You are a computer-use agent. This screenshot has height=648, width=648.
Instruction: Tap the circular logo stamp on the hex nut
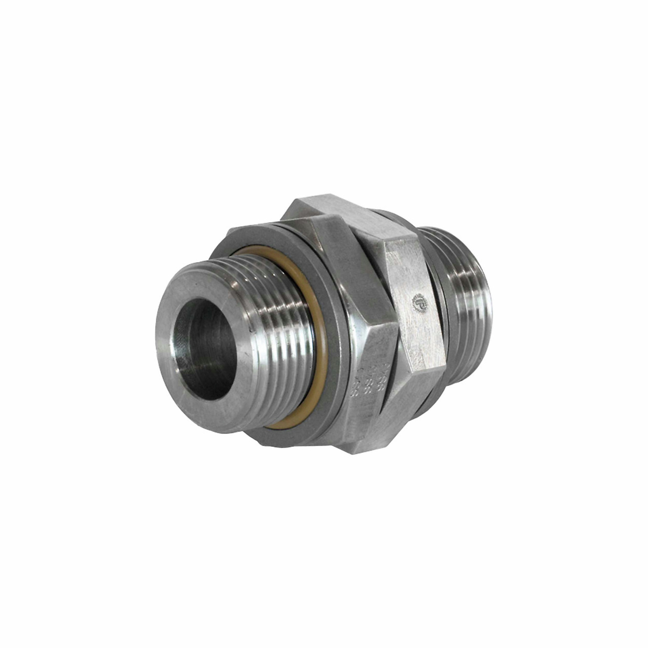pyautogui.click(x=420, y=302)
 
